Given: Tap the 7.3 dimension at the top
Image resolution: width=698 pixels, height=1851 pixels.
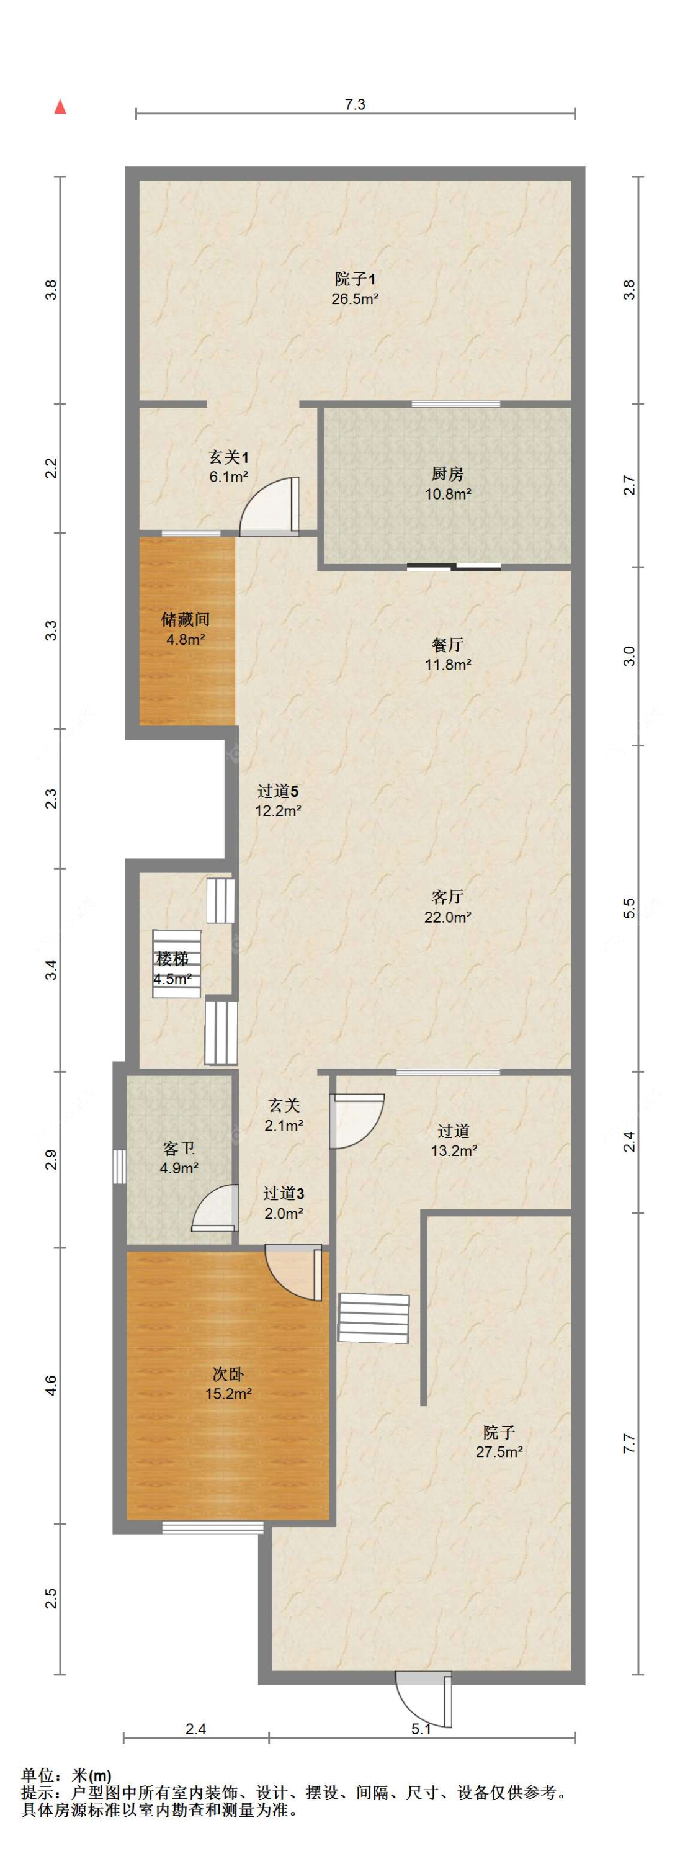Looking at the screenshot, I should click(355, 104).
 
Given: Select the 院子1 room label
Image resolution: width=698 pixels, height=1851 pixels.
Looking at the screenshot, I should click(355, 288).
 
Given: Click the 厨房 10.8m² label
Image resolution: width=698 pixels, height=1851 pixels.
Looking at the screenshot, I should click(447, 483).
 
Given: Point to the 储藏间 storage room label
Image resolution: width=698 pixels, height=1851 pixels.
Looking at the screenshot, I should click(186, 629).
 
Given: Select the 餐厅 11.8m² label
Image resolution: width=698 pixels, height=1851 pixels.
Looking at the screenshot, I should click(447, 654).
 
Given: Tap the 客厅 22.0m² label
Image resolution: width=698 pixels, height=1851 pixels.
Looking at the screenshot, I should click(447, 906).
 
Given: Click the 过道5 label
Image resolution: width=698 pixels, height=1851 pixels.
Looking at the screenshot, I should click(278, 800).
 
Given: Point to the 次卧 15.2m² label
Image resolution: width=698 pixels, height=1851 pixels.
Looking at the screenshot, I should click(228, 1383).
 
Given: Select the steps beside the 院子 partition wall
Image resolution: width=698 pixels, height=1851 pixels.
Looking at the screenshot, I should click(374, 1318).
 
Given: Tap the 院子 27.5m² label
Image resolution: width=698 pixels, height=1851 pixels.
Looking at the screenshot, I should click(498, 1441).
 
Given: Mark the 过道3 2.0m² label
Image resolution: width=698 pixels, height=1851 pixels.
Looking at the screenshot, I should click(283, 1204).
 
